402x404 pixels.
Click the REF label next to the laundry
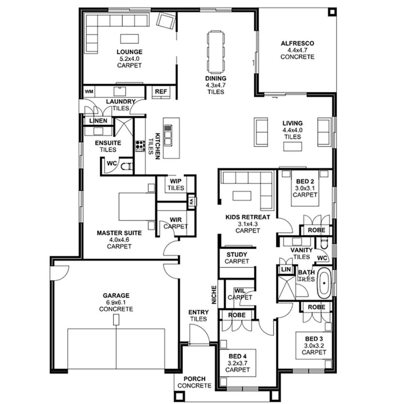tap(160, 91)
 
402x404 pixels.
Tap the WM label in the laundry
tap(89, 91)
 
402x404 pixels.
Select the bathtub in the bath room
tap(324, 283)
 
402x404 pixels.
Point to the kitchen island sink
tap(169, 135)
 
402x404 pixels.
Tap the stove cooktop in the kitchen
tap(140, 146)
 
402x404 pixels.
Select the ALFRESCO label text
tap(297, 44)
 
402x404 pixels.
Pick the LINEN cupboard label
tap(95, 120)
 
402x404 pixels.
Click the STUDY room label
tap(237, 255)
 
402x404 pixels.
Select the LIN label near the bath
tap(284, 269)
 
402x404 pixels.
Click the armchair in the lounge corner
tap(167, 22)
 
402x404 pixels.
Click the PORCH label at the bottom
tap(194, 378)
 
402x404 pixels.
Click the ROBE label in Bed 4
tap(237, 315)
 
